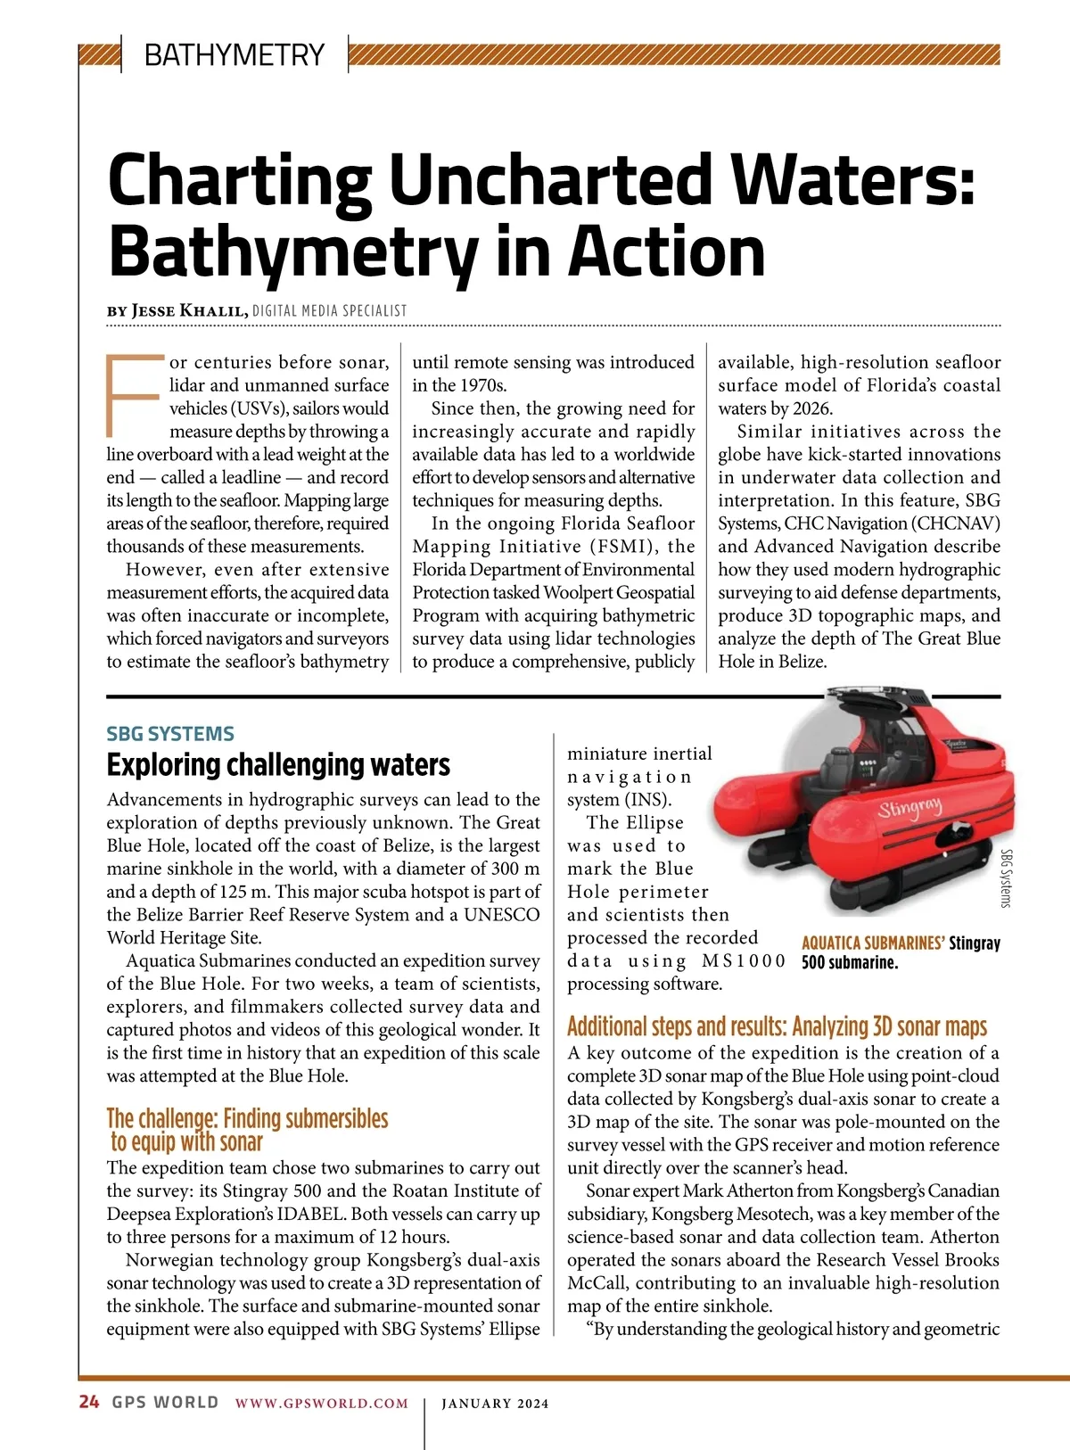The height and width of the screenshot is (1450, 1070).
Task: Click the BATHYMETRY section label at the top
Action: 234,55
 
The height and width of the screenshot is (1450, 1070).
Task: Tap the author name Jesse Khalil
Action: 189,310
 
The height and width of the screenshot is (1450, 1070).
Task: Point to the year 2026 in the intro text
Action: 811,408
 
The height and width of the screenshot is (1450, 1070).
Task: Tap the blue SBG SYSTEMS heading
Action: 170,734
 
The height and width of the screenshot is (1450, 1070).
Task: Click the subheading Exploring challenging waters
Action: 278,765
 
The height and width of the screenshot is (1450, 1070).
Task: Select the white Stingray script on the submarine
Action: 909,809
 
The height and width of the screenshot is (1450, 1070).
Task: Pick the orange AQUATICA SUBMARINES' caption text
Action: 873,943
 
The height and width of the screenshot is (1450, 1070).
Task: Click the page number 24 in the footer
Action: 89,1402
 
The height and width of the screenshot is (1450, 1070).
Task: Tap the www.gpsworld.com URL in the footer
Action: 322,1403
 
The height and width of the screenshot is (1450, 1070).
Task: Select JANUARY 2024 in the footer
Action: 495,1403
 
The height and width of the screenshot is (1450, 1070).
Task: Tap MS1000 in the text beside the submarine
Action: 744,960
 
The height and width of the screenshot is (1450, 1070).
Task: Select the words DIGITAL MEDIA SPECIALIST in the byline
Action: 329,310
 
